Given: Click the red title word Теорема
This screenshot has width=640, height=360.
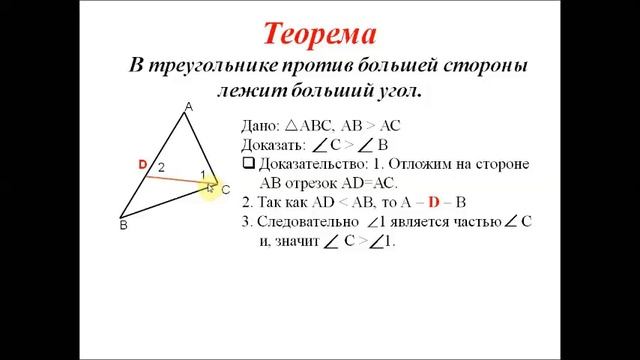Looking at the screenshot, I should pos(319,35).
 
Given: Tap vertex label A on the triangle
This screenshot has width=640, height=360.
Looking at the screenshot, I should pos(188,105).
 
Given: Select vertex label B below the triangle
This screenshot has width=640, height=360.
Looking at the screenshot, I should pos(124,226).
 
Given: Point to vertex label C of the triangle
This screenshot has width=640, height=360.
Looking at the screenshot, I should pos(226,189).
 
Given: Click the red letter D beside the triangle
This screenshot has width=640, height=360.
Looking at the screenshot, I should pos(143,163).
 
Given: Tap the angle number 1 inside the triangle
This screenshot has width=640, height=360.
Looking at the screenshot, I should pos(203,177).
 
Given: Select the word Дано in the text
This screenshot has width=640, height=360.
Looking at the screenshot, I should pos(260,127).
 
